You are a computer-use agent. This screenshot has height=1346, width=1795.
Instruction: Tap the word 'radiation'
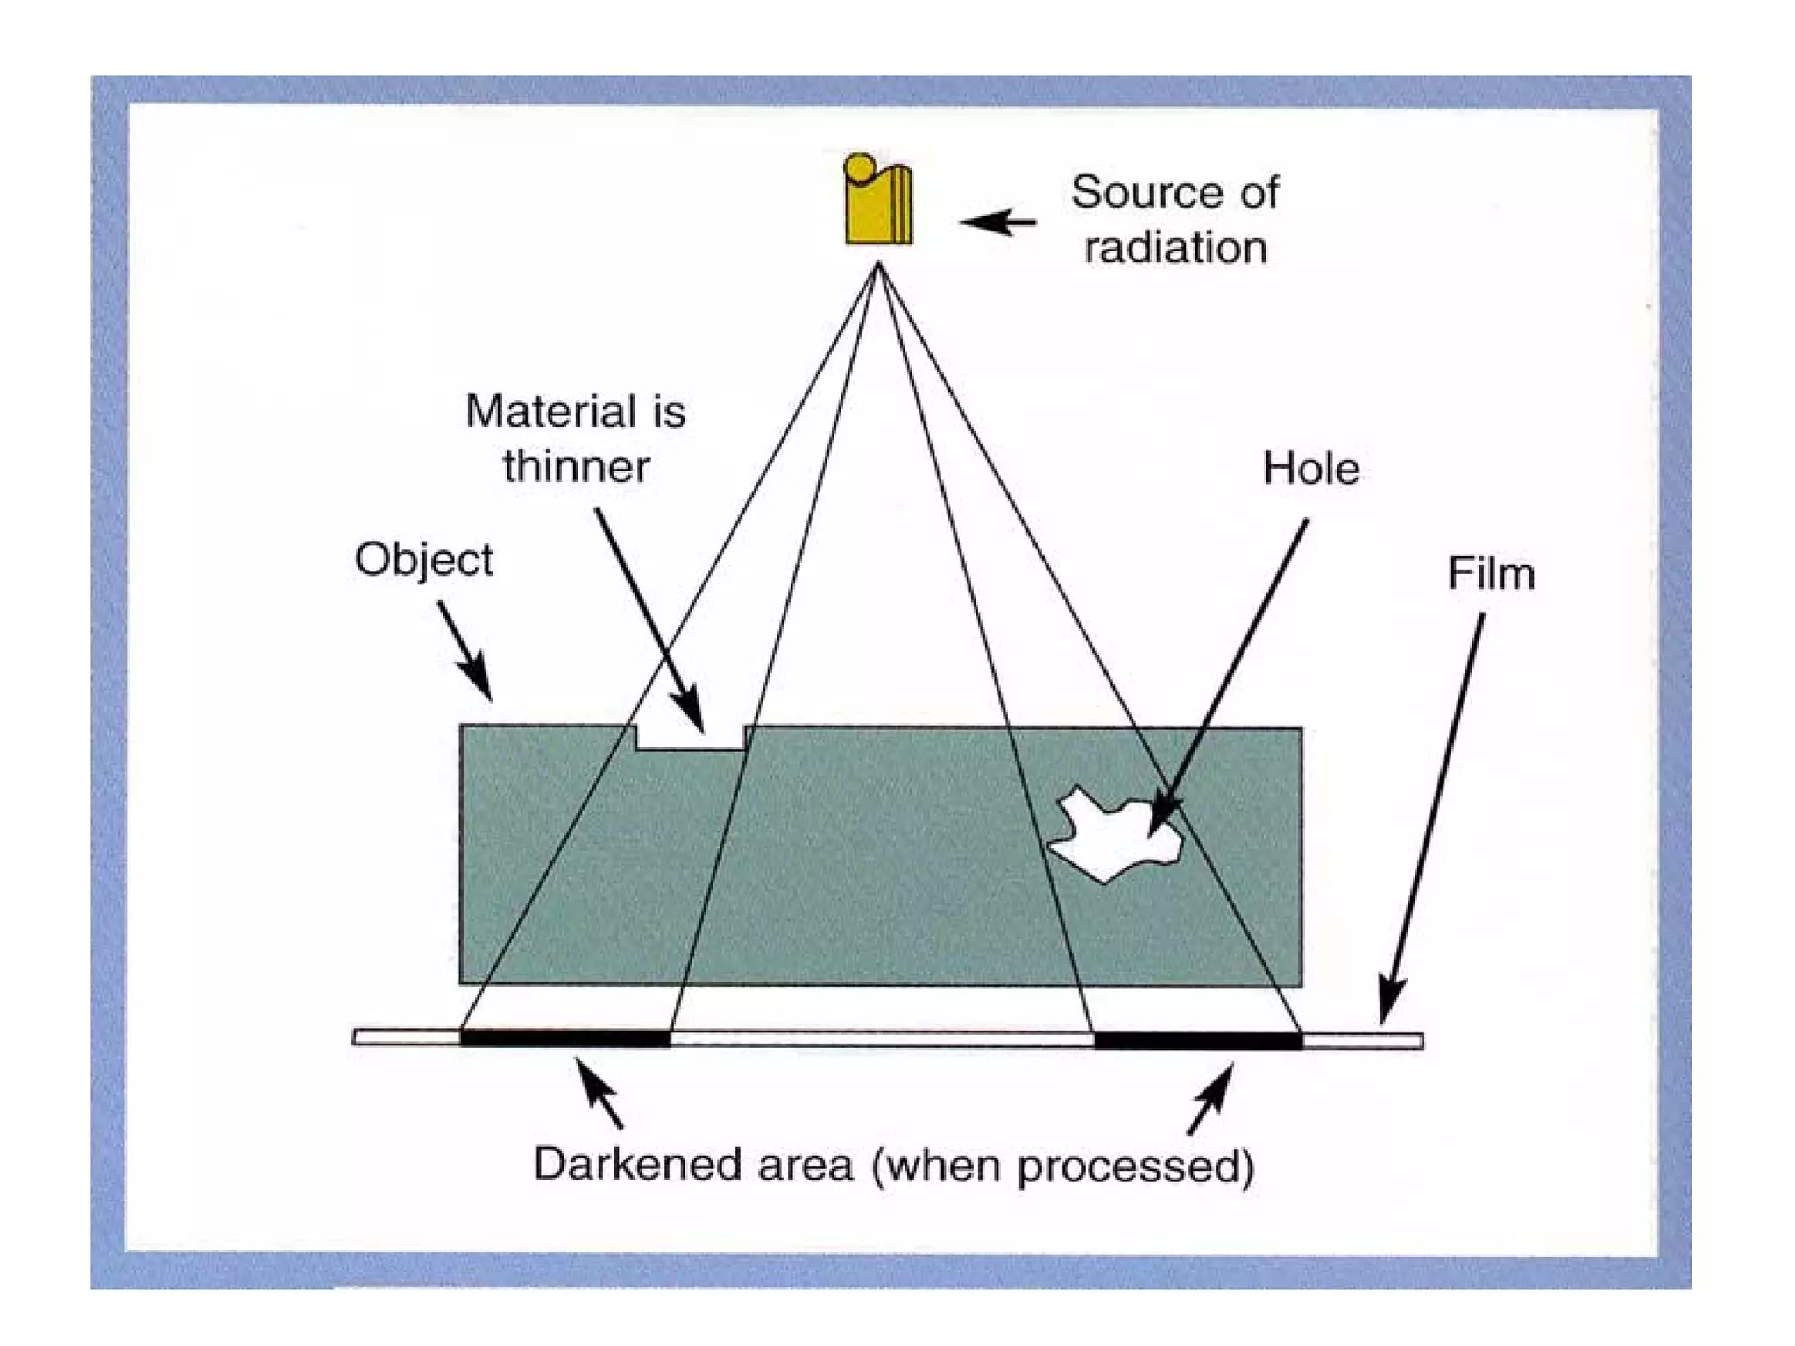pos(1175,248)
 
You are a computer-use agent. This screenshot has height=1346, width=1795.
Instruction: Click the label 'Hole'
pos(1311,469)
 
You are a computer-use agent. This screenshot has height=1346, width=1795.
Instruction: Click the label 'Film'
pos(1491,574)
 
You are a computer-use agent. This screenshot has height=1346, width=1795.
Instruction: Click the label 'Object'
pos(423,560)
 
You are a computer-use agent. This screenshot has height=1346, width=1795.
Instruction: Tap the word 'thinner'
pos(576,466)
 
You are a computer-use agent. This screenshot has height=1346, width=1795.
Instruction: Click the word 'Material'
pos(539,411)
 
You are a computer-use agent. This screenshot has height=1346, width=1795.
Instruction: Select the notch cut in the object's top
pos(691,738)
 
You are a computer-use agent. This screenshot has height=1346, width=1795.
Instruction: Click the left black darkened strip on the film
pos(565,1039)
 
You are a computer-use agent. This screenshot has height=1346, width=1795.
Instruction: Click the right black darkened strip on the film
pos(1198,1040)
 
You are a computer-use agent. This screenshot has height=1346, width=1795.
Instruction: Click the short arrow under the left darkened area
pos(599,1092)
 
